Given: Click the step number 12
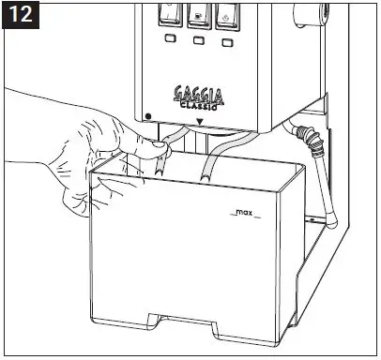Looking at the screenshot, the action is pos(18,17).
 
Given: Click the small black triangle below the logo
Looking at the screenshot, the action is pos(200,121).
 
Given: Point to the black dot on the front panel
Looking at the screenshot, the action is pos(149,116).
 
